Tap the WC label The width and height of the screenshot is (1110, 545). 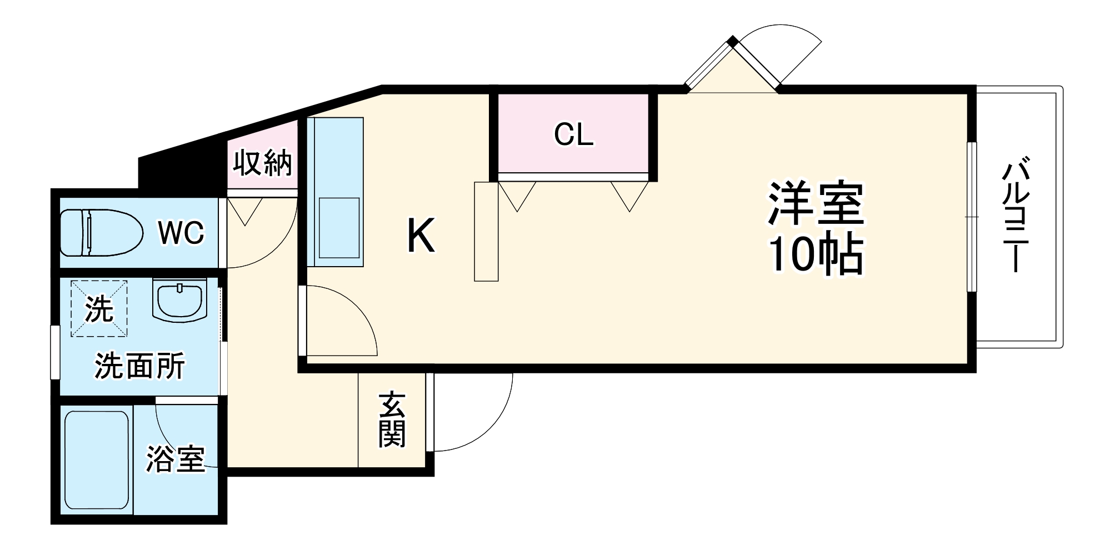pyautogui.click(x=181, y=233)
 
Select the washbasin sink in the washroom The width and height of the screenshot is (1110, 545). pyautogui.click(x=179, y=301)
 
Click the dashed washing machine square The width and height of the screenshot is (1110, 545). pyautogui.click(x=99, y=308)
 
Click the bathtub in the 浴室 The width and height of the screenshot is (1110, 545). pyautogui.click(x=97, y=460)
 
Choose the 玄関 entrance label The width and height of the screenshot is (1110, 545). pyautogui.click(x=392, y=420)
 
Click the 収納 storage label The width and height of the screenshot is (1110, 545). pyautogui.click(x=262, y=163)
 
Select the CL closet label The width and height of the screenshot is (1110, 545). pyautogui.click(x=573, y=134)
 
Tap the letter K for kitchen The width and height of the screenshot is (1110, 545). pyautogui.click(x=421, y=236)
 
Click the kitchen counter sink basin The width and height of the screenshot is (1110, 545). pyautogui.click(x=339, y=227)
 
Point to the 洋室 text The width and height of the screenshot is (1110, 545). pyautogui.click(x=816, y=203)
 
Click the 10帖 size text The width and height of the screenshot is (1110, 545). pyautogui.click(x=816, y=254)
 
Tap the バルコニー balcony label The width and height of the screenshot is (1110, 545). pyautogui.click(x=1016, y=217)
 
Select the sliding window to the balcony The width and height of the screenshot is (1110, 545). pyautogui.click(x=971, y=217)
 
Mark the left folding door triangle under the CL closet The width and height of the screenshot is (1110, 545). pyautogui.click(x=517, y=193)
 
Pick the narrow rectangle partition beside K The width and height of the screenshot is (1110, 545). pyautogui.click(x=486, y=231)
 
